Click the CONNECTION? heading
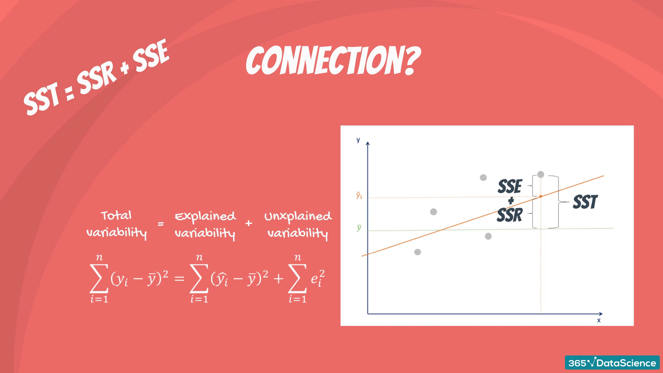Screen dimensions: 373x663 (333, 61)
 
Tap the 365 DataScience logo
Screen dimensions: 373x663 (612, 363)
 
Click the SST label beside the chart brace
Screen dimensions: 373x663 (585, 202)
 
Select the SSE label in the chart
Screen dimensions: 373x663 (510, 186)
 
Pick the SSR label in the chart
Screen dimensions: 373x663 (510, 215)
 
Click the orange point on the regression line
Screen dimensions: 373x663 (541, 196)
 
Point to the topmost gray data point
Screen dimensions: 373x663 (541, 174)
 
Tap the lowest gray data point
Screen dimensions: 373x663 (417, 252)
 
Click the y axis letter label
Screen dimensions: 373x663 (358, 140)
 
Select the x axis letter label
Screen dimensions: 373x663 (599, 321)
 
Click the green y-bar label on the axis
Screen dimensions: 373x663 (359, 228)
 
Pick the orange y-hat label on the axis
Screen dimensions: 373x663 (359, 196)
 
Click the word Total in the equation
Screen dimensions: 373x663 (116, 216)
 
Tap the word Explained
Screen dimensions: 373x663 (205, 217)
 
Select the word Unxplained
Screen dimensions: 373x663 (298, 217)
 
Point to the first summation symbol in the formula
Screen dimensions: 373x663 (99, 278)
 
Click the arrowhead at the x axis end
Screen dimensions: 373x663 (601, 314)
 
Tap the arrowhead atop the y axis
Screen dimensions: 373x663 (368, 144)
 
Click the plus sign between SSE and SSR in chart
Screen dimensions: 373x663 (511, 201)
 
